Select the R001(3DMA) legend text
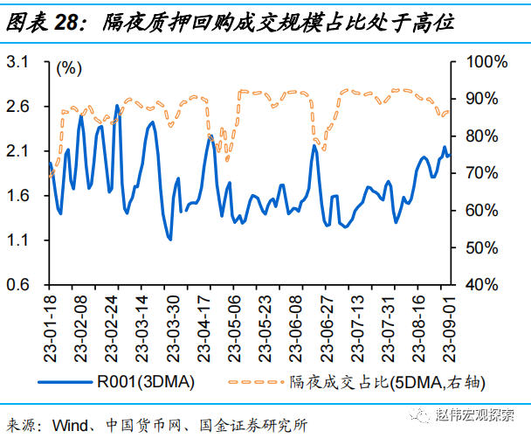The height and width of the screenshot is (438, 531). (x=147, y=381)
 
